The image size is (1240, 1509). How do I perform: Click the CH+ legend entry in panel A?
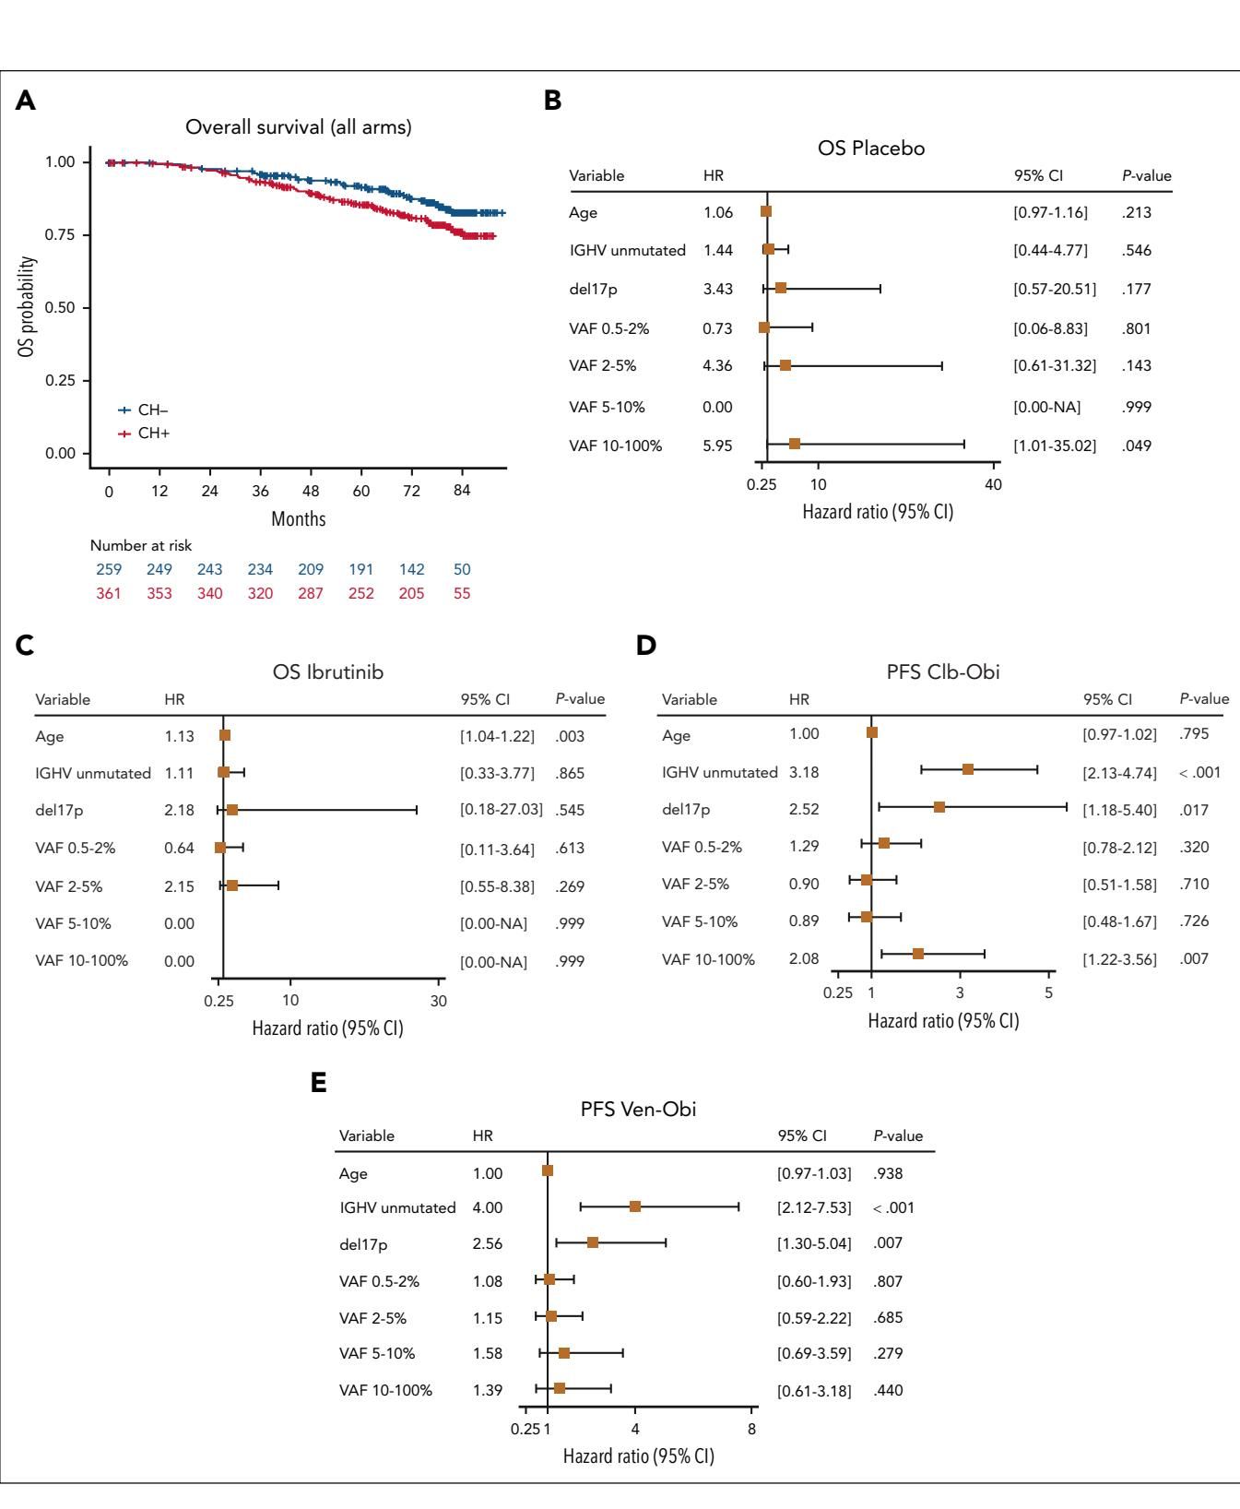pyautogui.click(x=146, y=434)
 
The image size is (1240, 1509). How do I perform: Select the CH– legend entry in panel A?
pyautogui.click(x=146, y=410)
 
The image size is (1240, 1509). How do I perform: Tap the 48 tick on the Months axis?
pyautogui.click(x=311, y=491)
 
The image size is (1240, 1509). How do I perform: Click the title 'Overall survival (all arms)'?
pyautogui.click(x=299, y=127)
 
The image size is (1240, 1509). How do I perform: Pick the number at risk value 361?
pyautogui.click(x=109, y=593)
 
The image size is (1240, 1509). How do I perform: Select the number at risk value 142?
pyautogui.click(x=411, y=569)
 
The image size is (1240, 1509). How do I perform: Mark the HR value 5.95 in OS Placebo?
pyautogui.click(x=717, y=446)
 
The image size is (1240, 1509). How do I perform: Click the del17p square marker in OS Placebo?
pyautogui.click(x=781, y=289)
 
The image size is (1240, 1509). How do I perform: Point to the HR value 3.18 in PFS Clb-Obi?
pyautogui.click(x=804, y=772)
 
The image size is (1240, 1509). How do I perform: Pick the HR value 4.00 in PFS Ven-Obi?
pyautogui.click(x=488, y=1207)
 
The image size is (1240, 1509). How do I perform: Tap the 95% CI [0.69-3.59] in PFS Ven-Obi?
pyautogui.click(x=814, y=1353)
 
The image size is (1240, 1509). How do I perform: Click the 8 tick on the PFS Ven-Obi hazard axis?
pyautogui.click(x=751, y=1429)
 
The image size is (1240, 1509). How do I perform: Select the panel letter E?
pyautogui.click(x=319, y=1084)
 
